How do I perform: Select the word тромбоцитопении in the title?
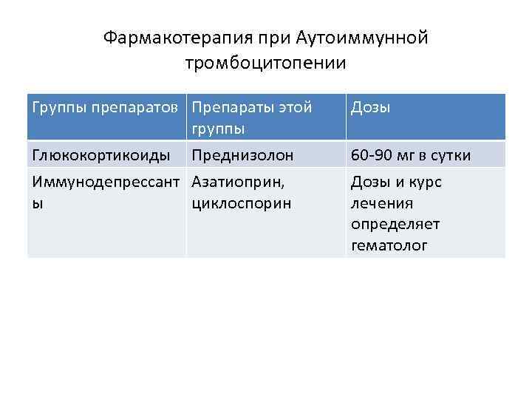(x=266, y=62)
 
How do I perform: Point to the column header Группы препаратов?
(x=104, y=108)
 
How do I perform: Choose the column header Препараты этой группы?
(x=251, y=117)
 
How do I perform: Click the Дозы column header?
(x=370, y=108)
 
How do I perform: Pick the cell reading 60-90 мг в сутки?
(x=410, y=156)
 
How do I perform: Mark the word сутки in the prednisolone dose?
(x=450, y=156)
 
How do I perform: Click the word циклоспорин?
(x=241, y=202)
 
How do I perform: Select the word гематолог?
(x=389, y=245)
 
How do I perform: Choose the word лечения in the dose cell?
(x=381, y=202)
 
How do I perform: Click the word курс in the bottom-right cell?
(x=425, y=182)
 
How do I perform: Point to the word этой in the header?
(x=296, y=108)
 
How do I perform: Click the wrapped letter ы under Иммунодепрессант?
(x=35, y=202)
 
